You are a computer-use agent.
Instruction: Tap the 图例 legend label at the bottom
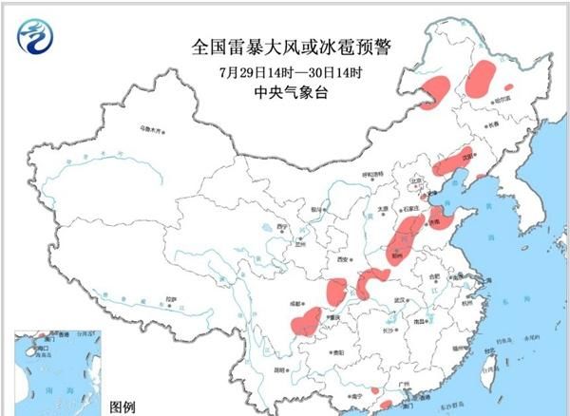tap(123, 407)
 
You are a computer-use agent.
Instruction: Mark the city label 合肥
tap(434, 276)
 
